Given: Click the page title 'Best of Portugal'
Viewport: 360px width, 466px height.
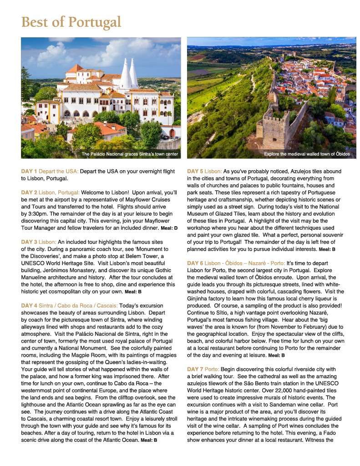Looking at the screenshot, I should [71, 22].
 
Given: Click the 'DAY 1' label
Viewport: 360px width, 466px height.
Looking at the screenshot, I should [29, 172].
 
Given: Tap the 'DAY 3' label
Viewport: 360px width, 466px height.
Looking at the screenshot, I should [29, 242].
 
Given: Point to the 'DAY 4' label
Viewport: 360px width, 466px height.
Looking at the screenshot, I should [29, 306].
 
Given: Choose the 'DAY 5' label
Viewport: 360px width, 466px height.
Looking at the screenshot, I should [195, 172].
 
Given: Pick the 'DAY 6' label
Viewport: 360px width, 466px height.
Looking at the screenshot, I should [195, 263].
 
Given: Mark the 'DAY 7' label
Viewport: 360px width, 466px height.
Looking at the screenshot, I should [195, 369].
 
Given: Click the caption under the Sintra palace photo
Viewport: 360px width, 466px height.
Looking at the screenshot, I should [130, 154].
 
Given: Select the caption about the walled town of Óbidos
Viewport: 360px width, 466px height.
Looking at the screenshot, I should [307, 154].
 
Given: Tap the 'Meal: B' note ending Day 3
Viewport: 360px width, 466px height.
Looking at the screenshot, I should [133, 292].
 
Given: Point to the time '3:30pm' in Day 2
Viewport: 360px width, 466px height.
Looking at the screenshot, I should [38, 214].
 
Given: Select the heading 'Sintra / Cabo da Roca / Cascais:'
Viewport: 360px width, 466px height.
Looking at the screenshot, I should [78, 306].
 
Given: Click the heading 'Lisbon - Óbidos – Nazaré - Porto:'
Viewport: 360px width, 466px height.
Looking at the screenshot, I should [245, 263].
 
